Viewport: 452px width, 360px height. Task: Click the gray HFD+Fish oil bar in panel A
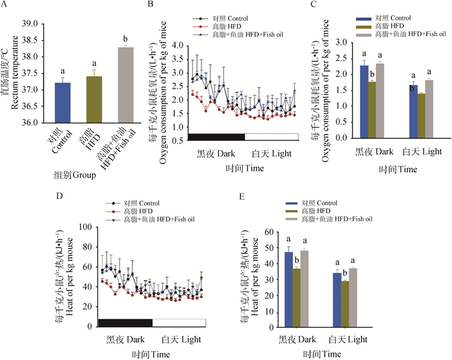click(x=126, y=84)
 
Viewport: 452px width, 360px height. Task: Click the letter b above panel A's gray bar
click(x=126, y=39)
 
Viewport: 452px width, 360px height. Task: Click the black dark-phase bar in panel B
click(x=216, y=136)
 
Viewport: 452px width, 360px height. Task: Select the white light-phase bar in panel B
click(x=271, y=136)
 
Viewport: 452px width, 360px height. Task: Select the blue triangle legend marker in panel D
click(x=112, y=220)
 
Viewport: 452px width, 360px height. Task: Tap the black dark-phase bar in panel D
click(x=125, y=322)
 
